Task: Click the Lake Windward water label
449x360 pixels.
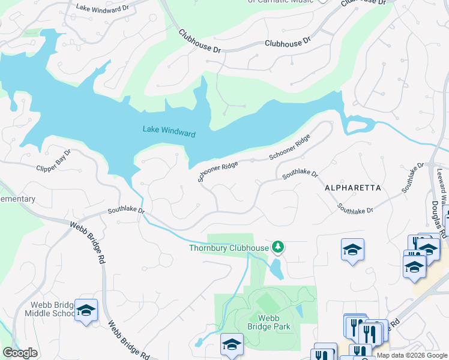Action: coord(169,131)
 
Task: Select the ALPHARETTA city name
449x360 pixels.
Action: coord(352,188)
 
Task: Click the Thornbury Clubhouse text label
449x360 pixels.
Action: coord(229,248)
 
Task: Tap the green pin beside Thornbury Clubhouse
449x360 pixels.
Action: coord(278,246)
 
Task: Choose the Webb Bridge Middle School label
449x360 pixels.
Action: coord(49,308)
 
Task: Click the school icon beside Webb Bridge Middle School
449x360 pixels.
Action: coord(86,310)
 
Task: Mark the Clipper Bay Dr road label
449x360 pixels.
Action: coord(54,161)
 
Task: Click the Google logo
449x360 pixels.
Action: coord(20,353)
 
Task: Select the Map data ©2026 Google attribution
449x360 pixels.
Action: coord(412,355)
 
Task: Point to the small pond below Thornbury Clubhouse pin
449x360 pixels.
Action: coord(276,269)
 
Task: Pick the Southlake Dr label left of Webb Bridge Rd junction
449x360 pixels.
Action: coord(126,211)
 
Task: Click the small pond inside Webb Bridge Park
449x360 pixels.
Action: coord(299,311)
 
